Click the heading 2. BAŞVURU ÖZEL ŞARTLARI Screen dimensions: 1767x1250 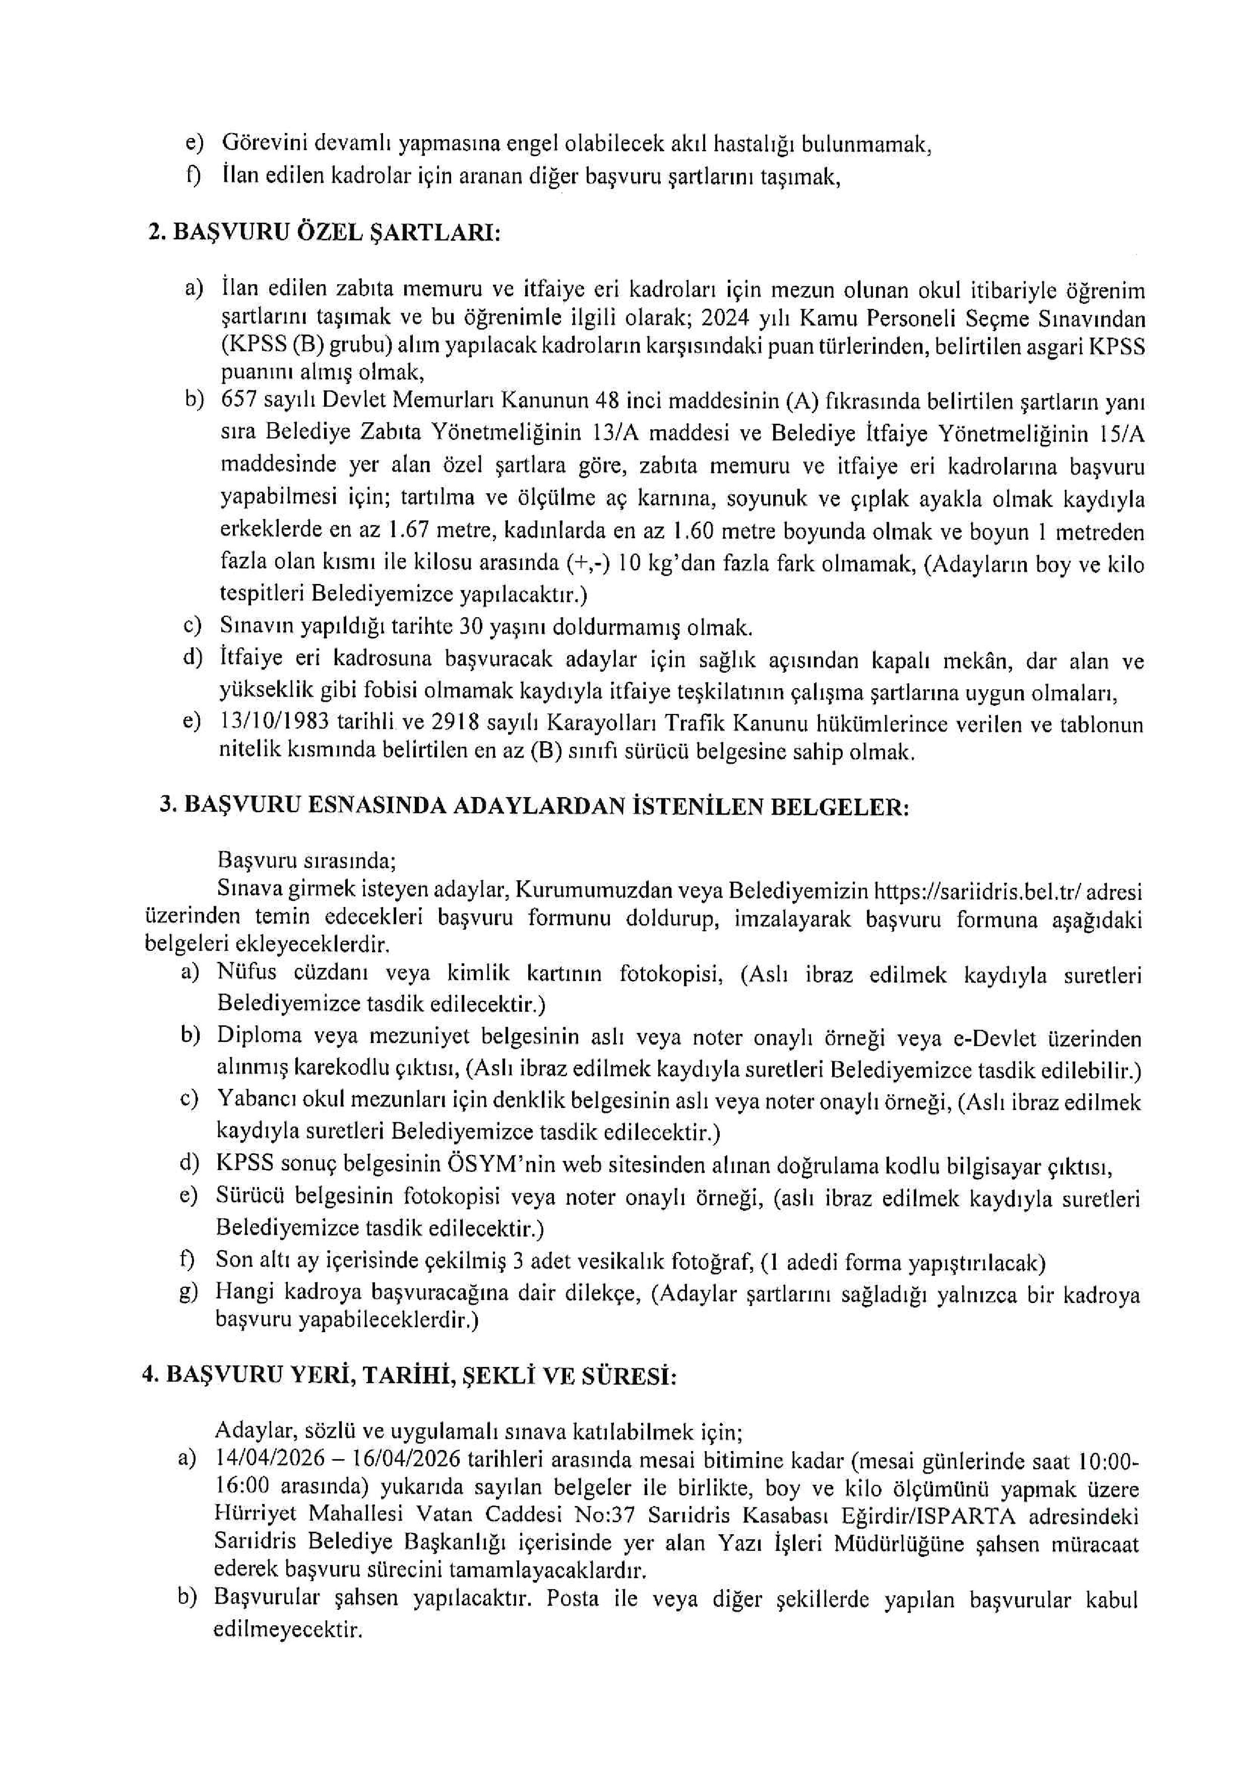pyautogui.click(x=324, y=232)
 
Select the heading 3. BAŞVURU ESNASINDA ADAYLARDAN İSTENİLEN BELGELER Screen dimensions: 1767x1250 pyautogui.click(x=534, y=805)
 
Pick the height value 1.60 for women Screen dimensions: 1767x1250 pyautogui.click(x=695, y=532)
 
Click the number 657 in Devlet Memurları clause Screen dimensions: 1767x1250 pyautogui.click(x=235, y=401)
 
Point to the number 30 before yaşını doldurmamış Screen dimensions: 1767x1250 pyautogui.click(x=469, y=628)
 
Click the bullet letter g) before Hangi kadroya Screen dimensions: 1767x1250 pyautogui.click(x=189, y=1294)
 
